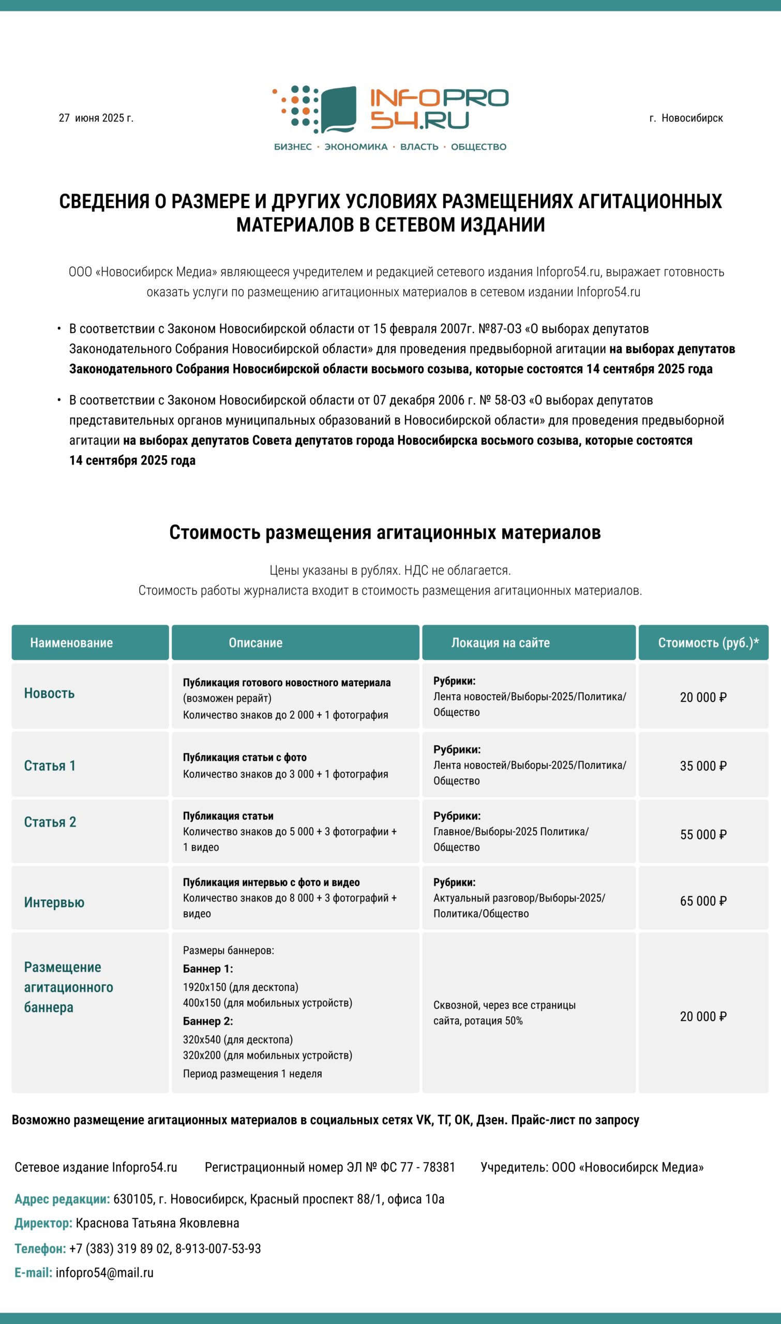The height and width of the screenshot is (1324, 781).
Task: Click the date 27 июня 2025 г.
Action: point(96,118)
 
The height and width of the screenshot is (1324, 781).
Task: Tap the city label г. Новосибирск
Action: point(686,118)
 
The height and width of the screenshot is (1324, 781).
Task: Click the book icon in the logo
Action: point(338,110)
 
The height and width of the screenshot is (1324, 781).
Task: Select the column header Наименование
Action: point(71,642)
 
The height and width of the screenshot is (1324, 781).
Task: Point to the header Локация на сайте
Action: point(500,642)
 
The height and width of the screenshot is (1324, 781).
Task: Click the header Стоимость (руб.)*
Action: point(709,642)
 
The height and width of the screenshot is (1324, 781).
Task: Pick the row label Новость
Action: point(50,693)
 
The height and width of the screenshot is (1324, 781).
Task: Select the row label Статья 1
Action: point(50,765)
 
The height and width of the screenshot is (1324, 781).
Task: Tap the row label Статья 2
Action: point(50,822)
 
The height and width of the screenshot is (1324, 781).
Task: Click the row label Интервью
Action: point(54,902)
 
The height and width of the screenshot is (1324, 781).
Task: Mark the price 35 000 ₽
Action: point(703,765)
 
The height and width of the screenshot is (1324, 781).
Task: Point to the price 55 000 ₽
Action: point(703,834)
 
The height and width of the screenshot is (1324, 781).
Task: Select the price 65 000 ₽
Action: point(703,901)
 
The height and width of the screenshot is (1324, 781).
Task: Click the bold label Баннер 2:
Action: point(208,1021)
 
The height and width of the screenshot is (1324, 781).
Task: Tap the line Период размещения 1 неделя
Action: point(252,1074)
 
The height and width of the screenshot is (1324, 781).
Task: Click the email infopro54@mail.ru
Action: point(104,1272)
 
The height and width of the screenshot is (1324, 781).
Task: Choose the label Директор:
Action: point(43,1223)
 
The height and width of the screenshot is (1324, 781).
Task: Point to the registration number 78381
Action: point(439,1167)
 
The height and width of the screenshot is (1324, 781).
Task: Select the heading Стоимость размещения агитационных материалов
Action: point(385,532)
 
